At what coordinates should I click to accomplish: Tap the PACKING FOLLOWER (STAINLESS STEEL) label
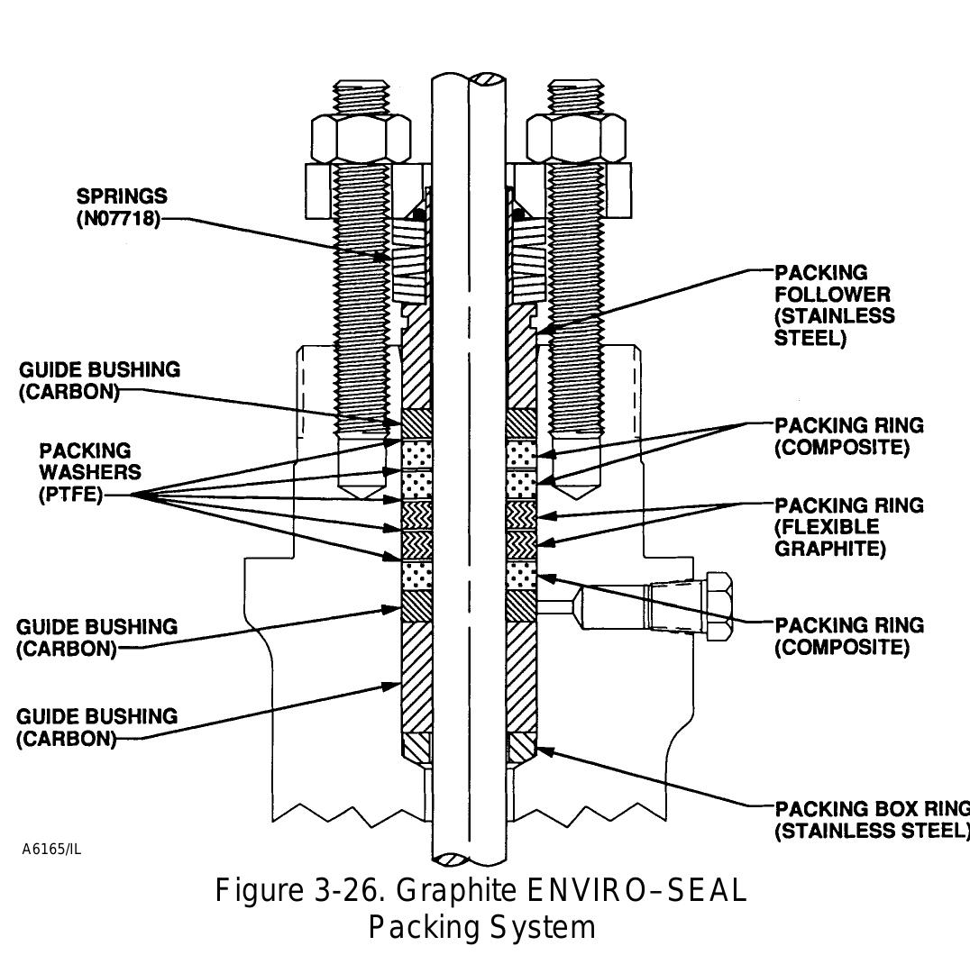point(834,305)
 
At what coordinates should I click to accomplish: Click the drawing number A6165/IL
point(51,849)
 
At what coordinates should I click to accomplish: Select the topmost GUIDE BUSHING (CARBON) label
point(98,381)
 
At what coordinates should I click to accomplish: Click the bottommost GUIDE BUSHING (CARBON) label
point(96,728)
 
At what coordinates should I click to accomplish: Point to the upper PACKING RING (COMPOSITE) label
point(848,436)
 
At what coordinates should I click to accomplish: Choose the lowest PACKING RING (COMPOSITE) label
point(848,636)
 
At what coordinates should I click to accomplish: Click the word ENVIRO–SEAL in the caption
point(636,891)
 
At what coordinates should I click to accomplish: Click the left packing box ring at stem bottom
point(416,747)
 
